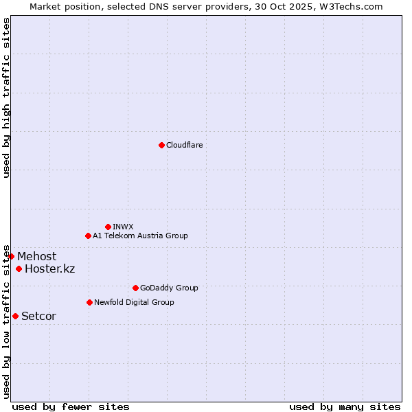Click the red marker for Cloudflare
pos(161,145)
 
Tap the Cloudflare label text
pos(184,145)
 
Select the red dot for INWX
pos(108,227)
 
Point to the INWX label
pos(123,227)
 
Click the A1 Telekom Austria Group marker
pos(88,236)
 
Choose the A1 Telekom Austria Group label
pos(140,236)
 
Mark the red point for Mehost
pos(11,256)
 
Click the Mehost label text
pos(37,257)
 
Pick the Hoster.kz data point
pos(19,268)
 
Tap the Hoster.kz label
pos(49,268)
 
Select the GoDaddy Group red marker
pos(135,288)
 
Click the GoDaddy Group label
pos(169,288)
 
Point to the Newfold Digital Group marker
pos(89,302)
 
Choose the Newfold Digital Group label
pos(134,302)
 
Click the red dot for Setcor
pos(15,316)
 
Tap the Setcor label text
pos(38,317)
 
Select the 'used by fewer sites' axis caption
pos(71,407)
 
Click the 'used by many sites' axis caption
pos(345,407)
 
